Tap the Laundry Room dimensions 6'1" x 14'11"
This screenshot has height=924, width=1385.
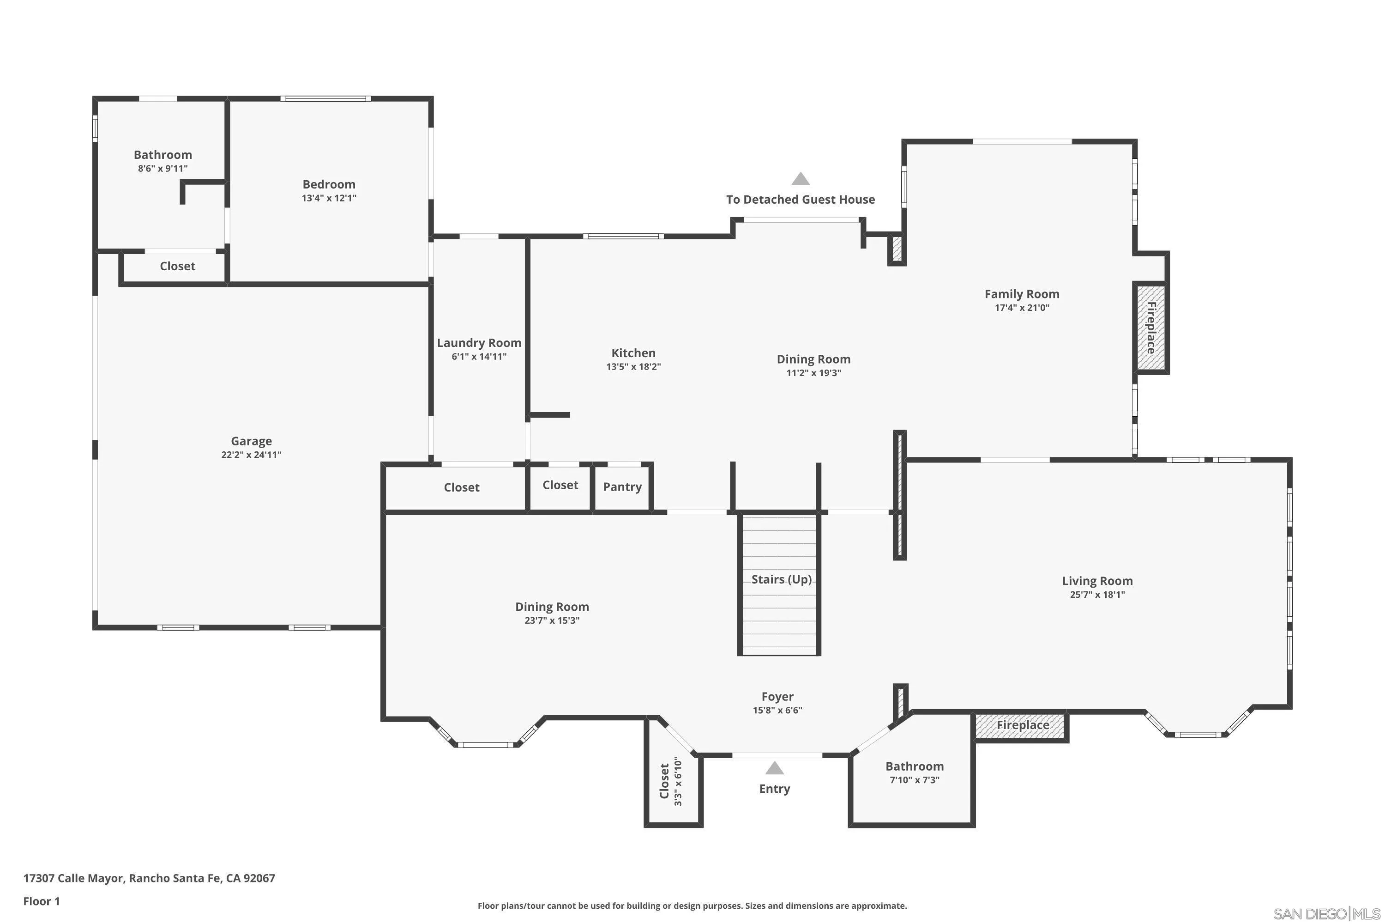pos(479,357)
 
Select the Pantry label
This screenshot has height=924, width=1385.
pos(622,487)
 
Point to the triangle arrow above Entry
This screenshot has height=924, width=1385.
pos(774,768)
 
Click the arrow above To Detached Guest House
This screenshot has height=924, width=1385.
pos(800,179)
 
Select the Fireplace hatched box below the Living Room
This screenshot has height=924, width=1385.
pos(1022,725)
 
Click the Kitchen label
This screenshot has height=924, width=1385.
pos(633,353)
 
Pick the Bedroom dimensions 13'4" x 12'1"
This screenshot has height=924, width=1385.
pos(329,198)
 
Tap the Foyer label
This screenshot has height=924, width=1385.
pos(777,697)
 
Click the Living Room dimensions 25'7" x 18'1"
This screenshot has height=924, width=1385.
pos(1097,595)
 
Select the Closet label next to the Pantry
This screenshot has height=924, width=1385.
pos(560,485)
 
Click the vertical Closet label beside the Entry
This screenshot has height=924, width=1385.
pos(664,781)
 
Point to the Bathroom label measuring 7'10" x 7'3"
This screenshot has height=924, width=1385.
pos(914,766)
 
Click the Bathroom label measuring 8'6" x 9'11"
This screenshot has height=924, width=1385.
pos(163,155)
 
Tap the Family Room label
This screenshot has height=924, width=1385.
pos(1022,294)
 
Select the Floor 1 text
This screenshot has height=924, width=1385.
pos(41,901)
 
